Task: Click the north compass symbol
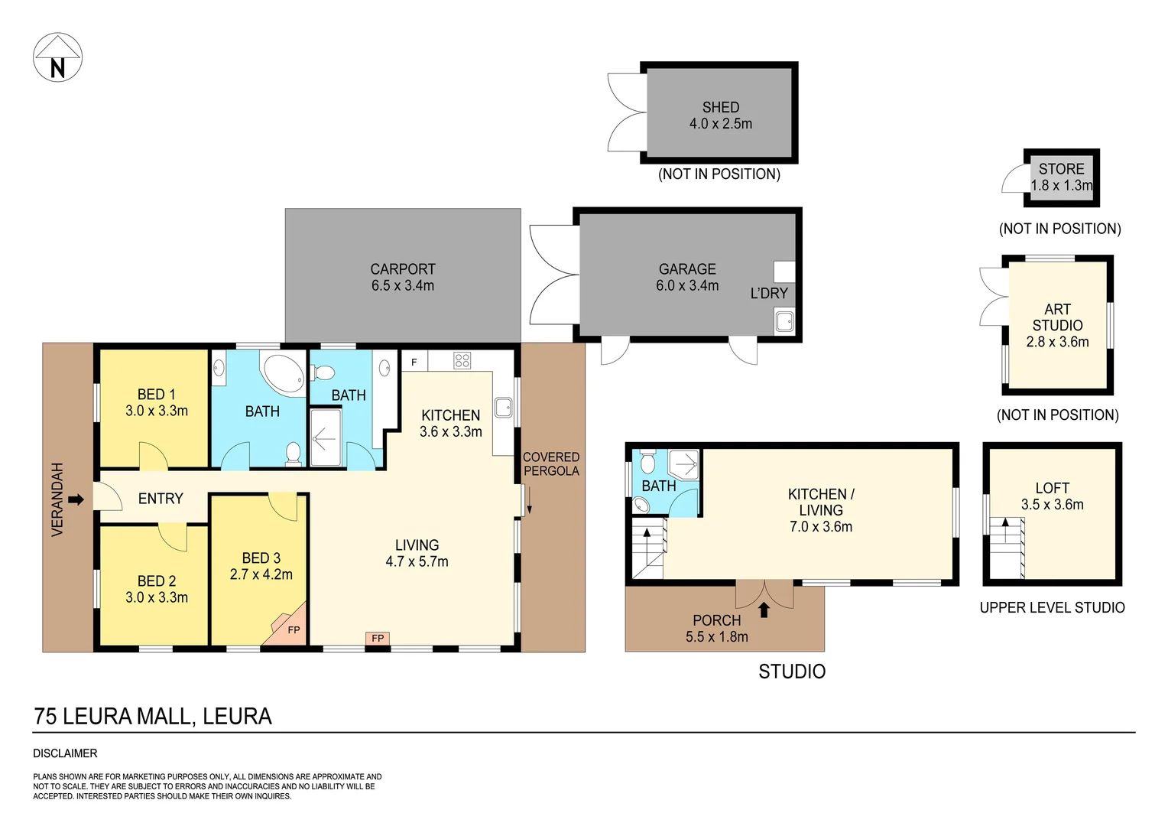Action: [x=57, y=57]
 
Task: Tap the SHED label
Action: [x=720, y=108]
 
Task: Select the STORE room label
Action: [x=1061, y=169]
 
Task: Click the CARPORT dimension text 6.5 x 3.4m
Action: [x=403, y=286]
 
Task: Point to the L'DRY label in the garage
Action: [x=768, y=294]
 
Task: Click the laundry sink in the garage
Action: [x=784, y=321]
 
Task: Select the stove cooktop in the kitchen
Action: [x=462, y=360]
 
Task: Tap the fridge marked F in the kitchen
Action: [x=414, y=362]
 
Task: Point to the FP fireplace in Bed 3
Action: [x=292, y=629]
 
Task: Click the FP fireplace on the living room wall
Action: [x=378, y=638]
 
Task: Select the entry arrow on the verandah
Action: [x=76, y=499]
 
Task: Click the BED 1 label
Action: [x=156, y=395]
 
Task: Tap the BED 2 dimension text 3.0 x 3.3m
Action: [x=157, y=598]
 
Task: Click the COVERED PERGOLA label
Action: [x=551, y=464]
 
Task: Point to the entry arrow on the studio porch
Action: [x=764, y=610]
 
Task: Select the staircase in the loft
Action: [x=1007, y=547]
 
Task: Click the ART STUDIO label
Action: [x=1057, y=317]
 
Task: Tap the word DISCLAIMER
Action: [x=65, y=753]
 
